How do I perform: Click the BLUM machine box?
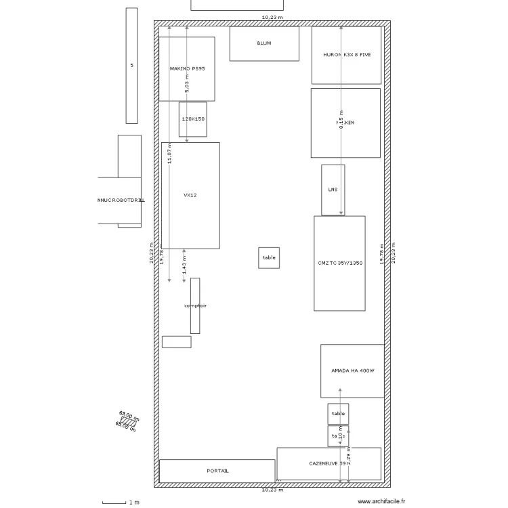(x=264, y=43)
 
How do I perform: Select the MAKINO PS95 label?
(x=186, y=68)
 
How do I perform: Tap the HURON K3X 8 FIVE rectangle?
(x=346, y=55)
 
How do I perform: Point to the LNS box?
(x=333, y=190)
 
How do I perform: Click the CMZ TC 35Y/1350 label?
(x=340, y=263)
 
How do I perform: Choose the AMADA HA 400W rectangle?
(x=352, y=371)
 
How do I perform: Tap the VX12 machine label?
(x=190, y=195)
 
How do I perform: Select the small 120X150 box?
(x=193, y=119)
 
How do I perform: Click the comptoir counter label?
(x=195, y=305)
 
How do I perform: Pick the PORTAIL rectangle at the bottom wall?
(x=217, y=471)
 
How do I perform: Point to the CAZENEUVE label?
(x=328, y=464)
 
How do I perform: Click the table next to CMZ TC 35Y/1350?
(x=269, y=258)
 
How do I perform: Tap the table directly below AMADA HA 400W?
(x=338, y=413)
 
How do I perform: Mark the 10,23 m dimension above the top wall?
(x=272, y=17)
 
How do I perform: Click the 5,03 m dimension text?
(x=188, y=83)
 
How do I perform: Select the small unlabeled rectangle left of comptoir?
(x=176, y=342)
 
